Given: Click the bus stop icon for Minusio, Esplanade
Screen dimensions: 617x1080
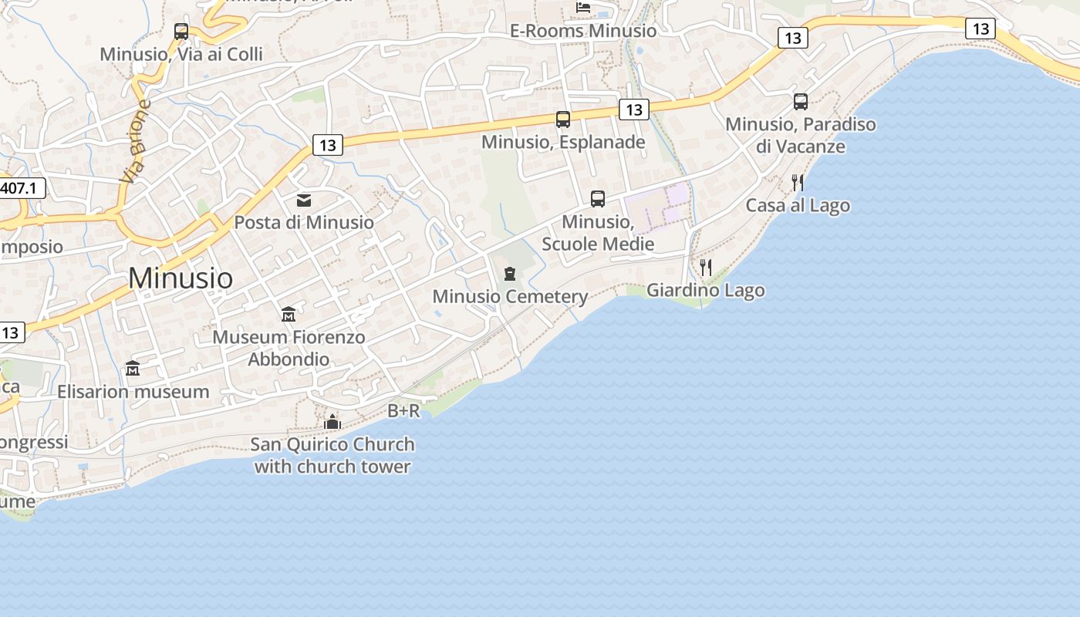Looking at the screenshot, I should click(x=563, y=120).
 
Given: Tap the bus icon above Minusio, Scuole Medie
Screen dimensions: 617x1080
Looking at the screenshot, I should click(x=598, y=199).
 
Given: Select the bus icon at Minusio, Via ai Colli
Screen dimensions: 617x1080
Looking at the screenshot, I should click(x=181, y=32).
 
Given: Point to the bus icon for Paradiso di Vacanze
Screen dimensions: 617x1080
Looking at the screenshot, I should click(x=801, y=101).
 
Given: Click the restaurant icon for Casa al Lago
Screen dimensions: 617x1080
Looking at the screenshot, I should click(x=798, y=183).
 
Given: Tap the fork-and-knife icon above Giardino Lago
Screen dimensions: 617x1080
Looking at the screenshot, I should click(x=705, y=268).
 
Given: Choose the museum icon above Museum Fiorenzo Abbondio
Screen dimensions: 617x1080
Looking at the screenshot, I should click(x=289, y=315).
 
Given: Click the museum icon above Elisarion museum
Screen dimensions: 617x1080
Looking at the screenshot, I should click(x=133, y=369).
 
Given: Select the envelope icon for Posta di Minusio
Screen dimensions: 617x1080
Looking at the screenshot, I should click(x=304, y=201).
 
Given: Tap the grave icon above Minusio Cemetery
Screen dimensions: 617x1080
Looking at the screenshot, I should click(x=509, y=274).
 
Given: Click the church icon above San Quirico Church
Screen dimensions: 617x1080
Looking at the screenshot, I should click(x=332, y=422).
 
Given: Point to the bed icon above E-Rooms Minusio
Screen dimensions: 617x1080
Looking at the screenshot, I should click(x=583, y=8).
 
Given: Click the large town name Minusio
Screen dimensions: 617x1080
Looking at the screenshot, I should click(x=181, y=278).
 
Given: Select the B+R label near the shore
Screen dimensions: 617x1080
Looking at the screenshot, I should click(x=403, y=411).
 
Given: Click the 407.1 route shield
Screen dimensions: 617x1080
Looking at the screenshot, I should click(x=22, y=187).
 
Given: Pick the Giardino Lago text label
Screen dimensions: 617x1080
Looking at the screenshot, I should click(x=705, y=291).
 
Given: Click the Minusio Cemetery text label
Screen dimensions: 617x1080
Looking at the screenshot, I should click(x=510, y=297).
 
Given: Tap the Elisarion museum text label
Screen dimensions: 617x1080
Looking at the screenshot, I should click(x=133, y=392).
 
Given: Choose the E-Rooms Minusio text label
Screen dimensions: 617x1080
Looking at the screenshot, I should click(x=583, y=31).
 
